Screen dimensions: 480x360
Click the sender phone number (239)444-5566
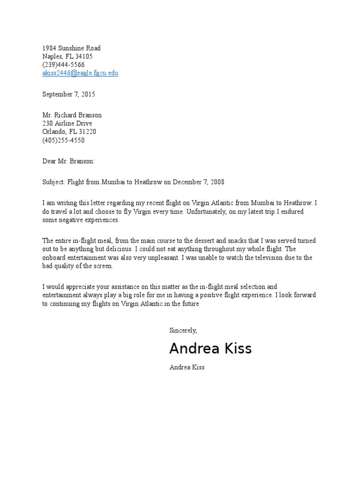(63, 65)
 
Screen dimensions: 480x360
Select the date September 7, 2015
(68, 94)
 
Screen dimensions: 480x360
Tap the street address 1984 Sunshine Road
(71, 48)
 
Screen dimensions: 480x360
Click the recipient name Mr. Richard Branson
(72, 115)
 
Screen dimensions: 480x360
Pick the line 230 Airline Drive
(67, 124)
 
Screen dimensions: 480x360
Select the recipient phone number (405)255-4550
(63, 141)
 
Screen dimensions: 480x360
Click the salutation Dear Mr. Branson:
(68, 161)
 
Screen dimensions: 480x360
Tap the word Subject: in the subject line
(54, 182)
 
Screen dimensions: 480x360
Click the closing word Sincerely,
(183, 330)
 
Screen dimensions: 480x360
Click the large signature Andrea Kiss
(210, 349)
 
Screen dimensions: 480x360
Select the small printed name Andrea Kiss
(187, 367)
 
